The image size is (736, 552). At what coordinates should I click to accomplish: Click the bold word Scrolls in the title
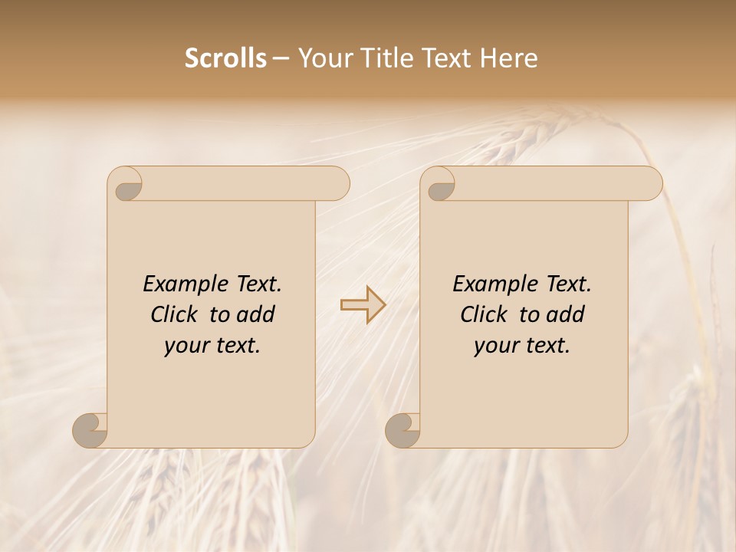tap(225, 58)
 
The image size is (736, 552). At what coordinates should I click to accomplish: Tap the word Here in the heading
tap(508, 58)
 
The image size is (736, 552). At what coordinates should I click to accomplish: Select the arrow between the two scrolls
tap(363, 305)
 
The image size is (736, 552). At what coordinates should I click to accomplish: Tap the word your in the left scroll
tap(184, 346)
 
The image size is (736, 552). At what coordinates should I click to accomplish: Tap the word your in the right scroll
tap(494, 346)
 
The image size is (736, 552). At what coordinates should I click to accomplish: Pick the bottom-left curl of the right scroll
tap(402, 429)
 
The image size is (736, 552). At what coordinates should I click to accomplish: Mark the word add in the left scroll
tap(255, 314)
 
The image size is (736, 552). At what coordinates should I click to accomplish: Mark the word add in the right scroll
tap(565, 314)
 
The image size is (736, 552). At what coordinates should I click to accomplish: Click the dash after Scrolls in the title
tap(281, 58)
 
